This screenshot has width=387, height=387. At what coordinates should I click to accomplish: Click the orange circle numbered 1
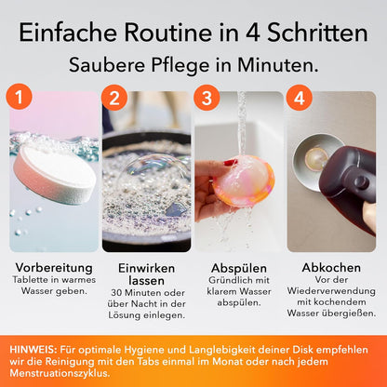(20, 97)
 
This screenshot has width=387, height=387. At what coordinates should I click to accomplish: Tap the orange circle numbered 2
(114, 98)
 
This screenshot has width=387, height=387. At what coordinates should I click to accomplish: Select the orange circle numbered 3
(207, 98)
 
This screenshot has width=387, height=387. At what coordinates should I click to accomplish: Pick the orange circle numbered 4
(299, 98)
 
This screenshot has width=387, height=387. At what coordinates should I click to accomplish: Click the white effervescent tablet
(55, 175)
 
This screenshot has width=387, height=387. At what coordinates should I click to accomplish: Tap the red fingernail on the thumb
(230, 163)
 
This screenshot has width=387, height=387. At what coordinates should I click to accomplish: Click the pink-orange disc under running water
(245, 181)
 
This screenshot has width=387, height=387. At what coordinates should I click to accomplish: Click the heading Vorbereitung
(54, 268)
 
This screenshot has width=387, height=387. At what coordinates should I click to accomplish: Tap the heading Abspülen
(239, 268)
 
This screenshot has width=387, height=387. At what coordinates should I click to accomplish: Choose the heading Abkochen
(331, 268)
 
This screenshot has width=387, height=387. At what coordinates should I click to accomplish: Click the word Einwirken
(146, 268)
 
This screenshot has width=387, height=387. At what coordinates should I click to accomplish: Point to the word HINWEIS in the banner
(33, 350)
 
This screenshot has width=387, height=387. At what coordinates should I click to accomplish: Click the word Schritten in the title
(317, 33)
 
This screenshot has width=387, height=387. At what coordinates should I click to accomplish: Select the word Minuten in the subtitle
(278, 65)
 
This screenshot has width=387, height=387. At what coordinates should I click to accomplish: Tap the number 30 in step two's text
(116, 293)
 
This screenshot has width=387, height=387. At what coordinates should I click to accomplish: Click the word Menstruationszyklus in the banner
(60, 373)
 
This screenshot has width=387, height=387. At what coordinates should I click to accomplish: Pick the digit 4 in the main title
(253, 33)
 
